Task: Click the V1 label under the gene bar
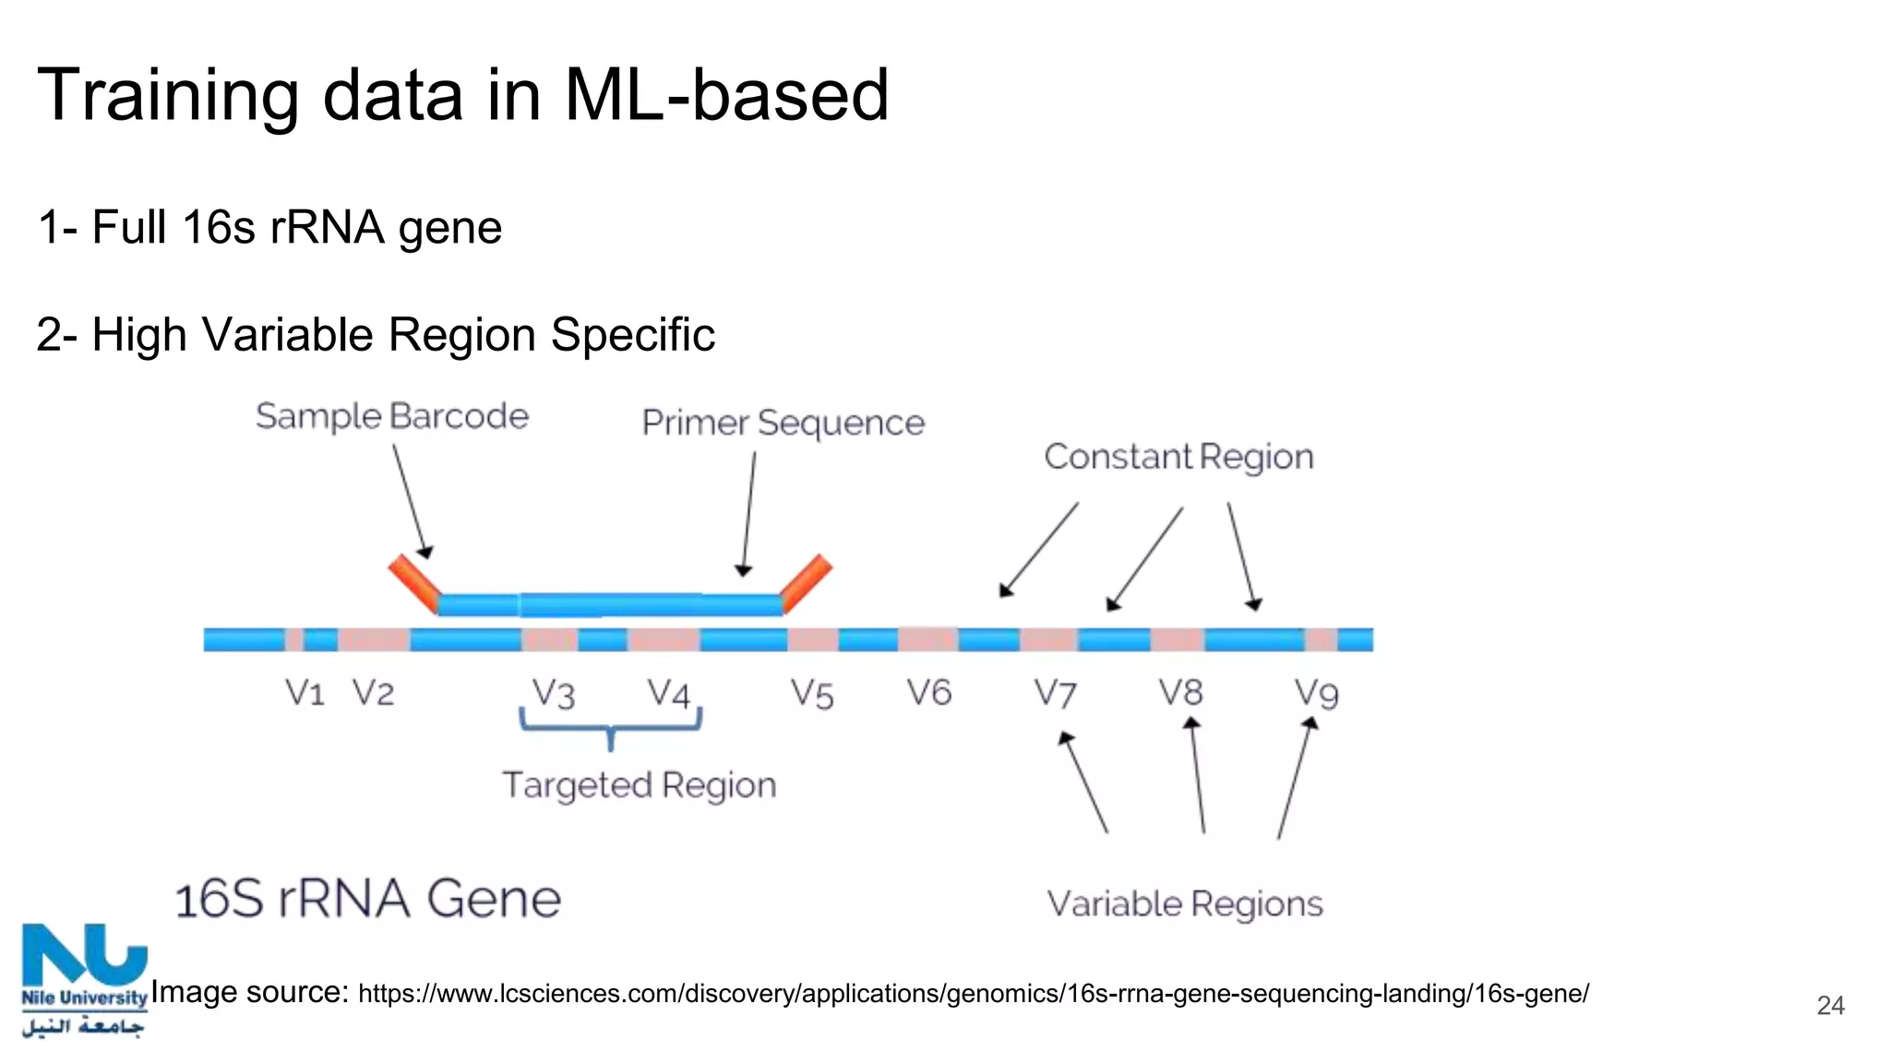305,693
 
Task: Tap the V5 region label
812,695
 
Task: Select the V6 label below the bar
928,693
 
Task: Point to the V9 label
1316,694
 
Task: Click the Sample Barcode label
392,417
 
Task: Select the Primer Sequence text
783,424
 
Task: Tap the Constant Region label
1178,458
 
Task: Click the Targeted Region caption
639,786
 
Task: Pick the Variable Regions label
1184,904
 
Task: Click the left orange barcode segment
413,582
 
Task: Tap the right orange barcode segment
806,582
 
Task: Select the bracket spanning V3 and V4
610,724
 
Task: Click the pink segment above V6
927,639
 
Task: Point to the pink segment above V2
373,639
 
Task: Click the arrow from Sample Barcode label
412,500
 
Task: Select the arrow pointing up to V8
1198,775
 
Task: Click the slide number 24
1830,1006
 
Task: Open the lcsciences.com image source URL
973,995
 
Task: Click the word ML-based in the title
726,95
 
